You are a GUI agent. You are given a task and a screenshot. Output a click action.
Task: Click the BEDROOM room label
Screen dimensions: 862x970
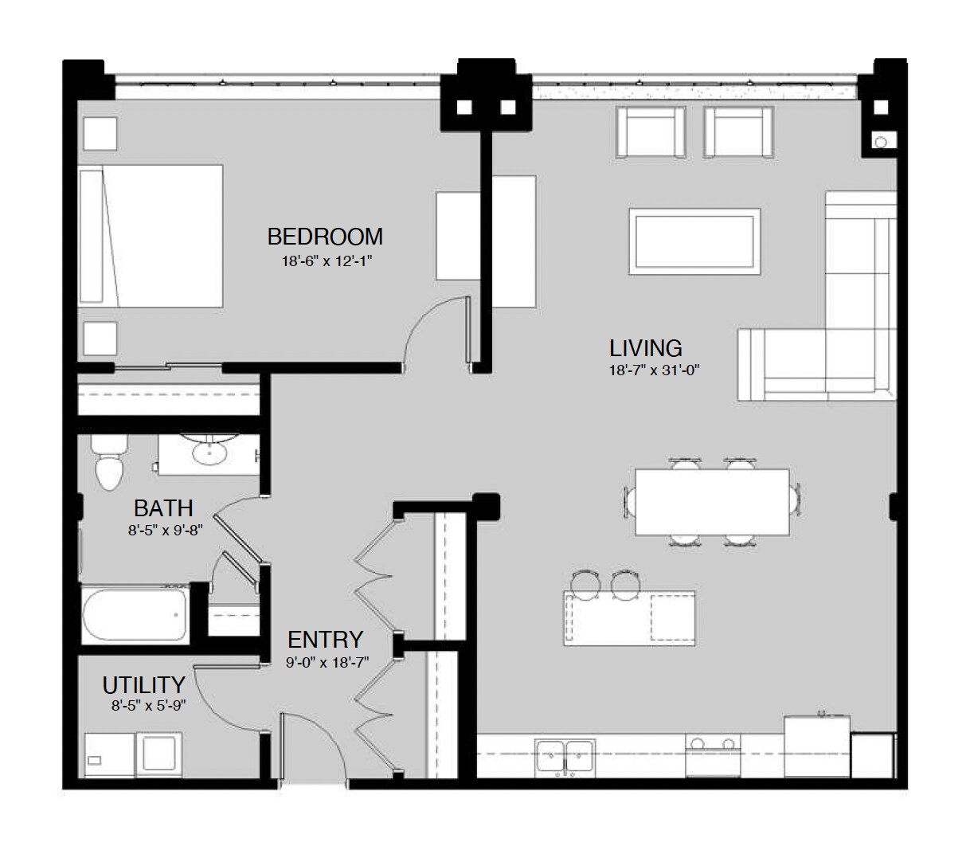[325, 237]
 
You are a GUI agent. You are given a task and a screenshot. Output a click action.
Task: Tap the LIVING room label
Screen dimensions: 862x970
[645, 348]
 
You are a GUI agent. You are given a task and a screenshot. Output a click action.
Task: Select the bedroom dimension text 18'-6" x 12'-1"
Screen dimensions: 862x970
[327, 261]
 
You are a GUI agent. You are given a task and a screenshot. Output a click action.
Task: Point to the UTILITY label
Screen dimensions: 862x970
[143, 684]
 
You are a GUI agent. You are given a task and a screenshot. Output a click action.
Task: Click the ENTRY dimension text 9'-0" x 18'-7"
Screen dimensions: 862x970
[327, 662]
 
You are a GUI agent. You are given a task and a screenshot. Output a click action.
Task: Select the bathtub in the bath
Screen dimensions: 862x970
[135, 614]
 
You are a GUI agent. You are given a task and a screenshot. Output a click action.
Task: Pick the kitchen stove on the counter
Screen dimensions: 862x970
[713, 754]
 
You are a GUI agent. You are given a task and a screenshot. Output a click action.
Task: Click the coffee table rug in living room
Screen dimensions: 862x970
[694, 239]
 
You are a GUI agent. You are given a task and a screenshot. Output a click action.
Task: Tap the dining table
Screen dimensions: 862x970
[711, 501]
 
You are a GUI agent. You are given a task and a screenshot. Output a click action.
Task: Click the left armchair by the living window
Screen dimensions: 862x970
[651, 131]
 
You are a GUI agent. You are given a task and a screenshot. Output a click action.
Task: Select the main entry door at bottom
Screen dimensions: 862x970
[312, 737]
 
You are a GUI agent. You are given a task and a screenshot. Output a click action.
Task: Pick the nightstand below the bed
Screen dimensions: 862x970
[100, 339]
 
